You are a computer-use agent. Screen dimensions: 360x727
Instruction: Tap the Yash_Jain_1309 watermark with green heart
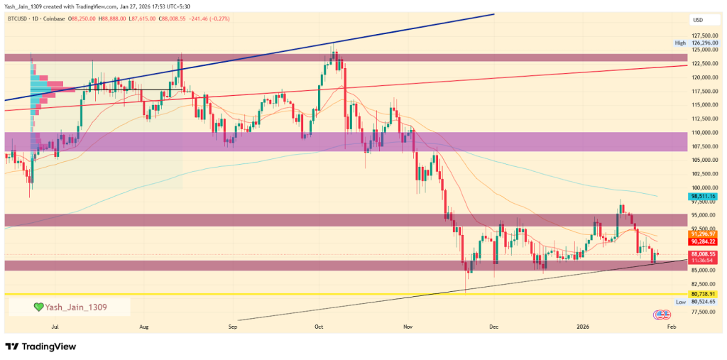pyautogui.click(x=70, y=307)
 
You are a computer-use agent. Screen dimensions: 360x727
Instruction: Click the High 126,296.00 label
pyautogui.click(x=696, y=43)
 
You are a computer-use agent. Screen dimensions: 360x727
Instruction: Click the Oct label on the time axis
pyautogui.click(x=319, y=327)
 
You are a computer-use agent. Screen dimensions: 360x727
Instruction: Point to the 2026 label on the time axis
pyautogui.click(x=583, y=327)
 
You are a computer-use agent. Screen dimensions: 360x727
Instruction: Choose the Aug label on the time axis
pyautogui.click(x=144, y=327)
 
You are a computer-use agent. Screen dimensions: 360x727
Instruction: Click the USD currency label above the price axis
pyautogui.click(x=697, y=19)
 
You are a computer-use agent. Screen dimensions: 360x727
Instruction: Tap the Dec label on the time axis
pyautogui.click(x=494, y=327)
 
